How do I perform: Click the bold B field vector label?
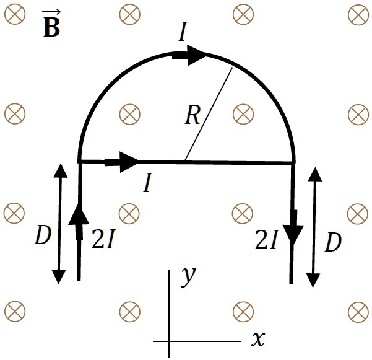[51, 27]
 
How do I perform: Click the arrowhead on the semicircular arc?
[197, 56]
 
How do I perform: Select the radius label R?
[192, 115]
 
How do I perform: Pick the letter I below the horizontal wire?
[147, 183]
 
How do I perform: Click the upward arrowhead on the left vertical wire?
[79, 216]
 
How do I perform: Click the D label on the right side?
[333, 244]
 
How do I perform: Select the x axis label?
[258, 338]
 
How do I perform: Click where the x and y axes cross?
[169, 340]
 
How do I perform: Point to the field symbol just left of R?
[129, 113]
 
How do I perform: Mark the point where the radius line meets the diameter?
[184, 162]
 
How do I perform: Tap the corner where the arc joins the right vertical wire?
[293, 163]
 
